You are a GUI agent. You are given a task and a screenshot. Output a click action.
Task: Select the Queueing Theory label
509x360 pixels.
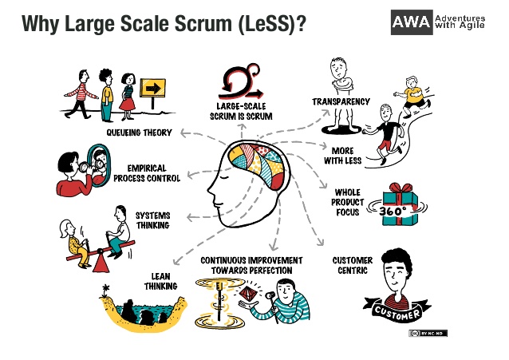[x=139, y=133]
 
